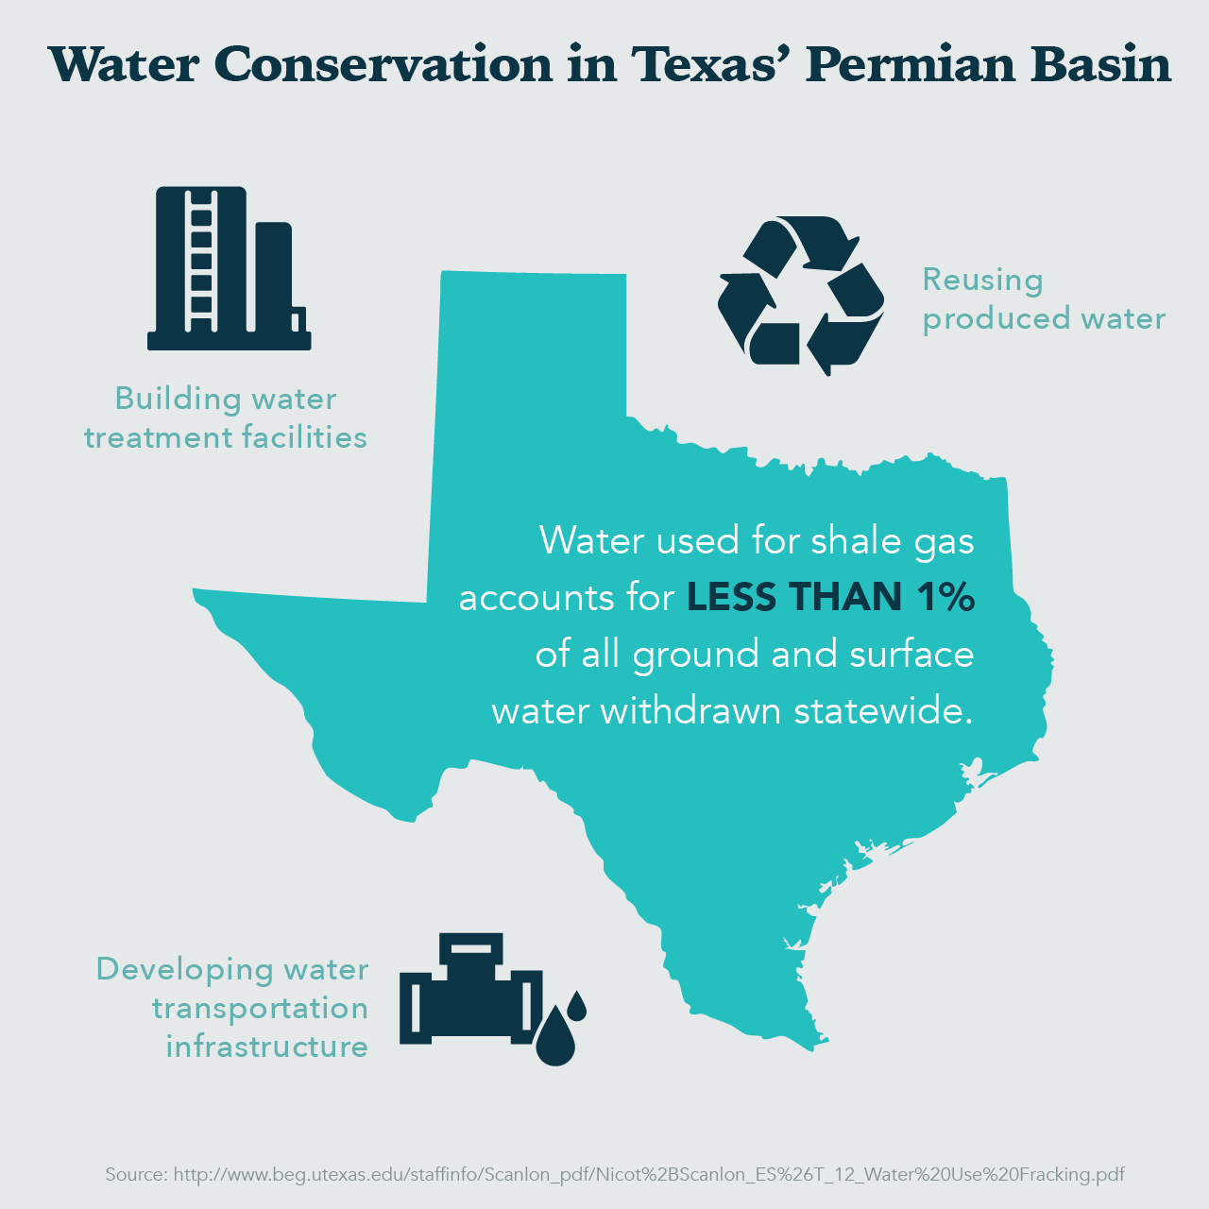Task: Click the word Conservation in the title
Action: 383,64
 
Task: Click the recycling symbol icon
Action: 801,294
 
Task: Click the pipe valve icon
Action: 470,992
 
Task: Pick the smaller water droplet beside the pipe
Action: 577,1005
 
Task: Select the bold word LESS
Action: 732,597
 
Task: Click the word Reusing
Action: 982,280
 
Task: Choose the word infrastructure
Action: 266,1047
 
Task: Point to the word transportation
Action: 260,1008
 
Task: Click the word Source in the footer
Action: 136,1175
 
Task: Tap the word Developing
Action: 184,970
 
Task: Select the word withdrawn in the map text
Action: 691,710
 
